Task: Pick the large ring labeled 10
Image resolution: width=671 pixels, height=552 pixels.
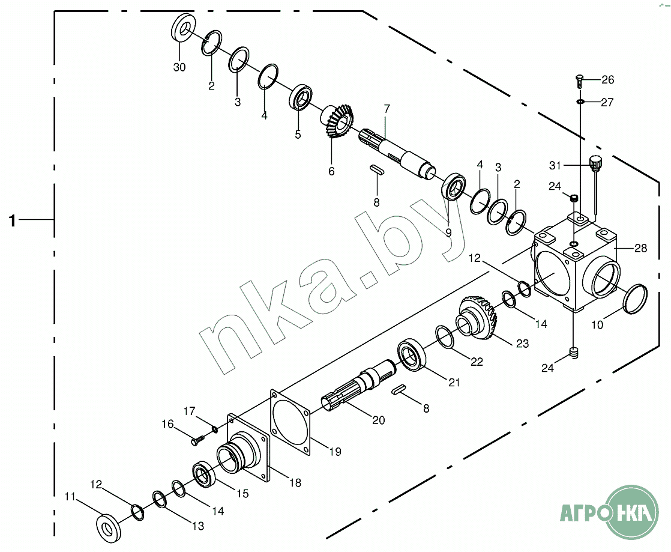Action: pos(636,299)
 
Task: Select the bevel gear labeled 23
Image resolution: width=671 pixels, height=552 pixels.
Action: pos(477,316)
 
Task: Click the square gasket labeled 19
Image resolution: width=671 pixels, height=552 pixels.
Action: pos(290,422)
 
